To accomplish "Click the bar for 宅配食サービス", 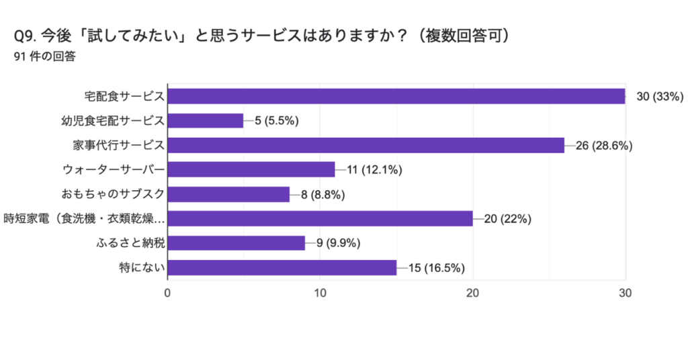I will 396,96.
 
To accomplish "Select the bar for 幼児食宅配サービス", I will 206,121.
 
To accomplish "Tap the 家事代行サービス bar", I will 366,145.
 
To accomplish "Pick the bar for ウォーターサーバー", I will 251,170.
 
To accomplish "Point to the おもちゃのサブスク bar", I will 228,194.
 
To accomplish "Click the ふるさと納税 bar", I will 236,243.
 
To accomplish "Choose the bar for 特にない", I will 282,268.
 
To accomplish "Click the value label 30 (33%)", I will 659,97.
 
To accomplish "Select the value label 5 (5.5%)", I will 276,121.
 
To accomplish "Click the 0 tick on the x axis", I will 167,293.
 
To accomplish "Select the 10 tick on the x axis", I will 320,293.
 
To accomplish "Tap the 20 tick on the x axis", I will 473,293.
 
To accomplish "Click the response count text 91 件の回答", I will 44,56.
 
